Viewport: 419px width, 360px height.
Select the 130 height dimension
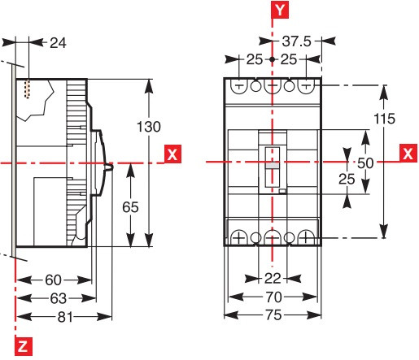click(149, 126)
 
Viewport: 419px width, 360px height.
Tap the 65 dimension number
click(129, 206)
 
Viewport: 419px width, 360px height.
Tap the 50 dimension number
click(366, 162)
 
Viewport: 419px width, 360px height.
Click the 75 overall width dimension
click(273, 315)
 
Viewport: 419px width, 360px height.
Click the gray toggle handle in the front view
click(273, 165)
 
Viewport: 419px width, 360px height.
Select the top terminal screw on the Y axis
click(273, 86)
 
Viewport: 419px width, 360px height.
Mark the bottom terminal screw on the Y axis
click(273, 237)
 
